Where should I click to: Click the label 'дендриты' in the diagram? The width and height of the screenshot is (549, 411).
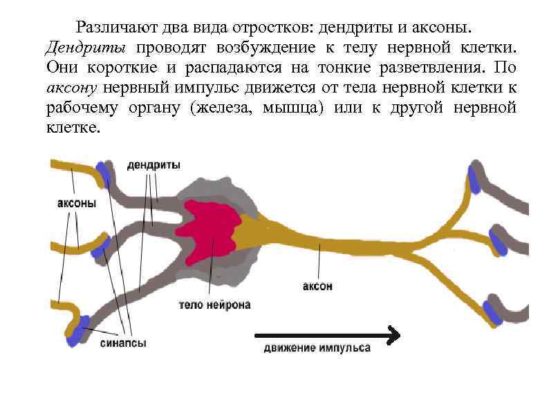point(153,166)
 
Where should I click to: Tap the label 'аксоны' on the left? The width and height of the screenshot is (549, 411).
point(76,204)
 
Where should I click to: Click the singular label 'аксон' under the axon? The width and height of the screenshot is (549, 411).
point(317,285)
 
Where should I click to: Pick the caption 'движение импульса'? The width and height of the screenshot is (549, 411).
point(317,347)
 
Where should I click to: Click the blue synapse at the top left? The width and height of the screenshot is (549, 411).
point(104,173)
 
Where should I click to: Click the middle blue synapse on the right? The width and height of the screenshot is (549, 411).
point(498,240)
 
